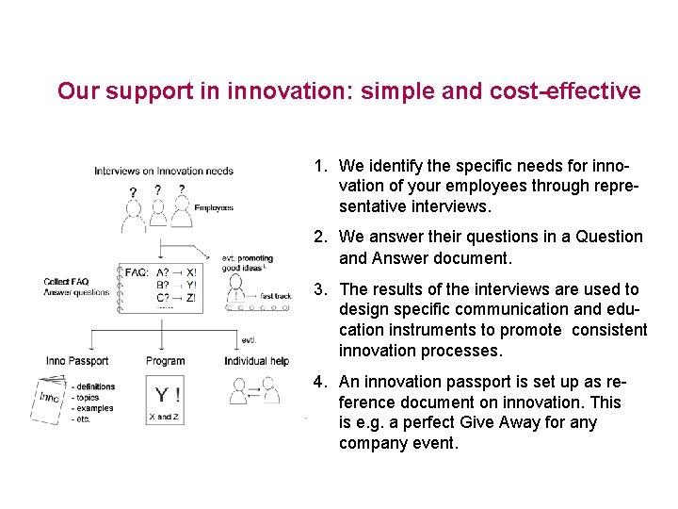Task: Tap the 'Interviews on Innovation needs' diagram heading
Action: coord(164,171)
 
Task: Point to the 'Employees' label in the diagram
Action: coord(214,207)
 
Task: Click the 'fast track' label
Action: coord(276,296)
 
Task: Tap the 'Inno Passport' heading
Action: coord(77,361)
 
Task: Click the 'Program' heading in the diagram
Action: coord(166,361)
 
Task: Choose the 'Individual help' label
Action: coord(256,361)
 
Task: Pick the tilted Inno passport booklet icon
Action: coord(49,401)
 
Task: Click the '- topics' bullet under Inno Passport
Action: coord(87,398)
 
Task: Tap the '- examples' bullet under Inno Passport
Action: coord(92,408)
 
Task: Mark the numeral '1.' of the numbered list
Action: coord(321,166)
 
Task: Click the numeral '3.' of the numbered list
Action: coord(321,289)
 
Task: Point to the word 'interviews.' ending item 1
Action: coord(454,206)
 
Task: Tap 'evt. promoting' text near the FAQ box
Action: coord(248,258)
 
